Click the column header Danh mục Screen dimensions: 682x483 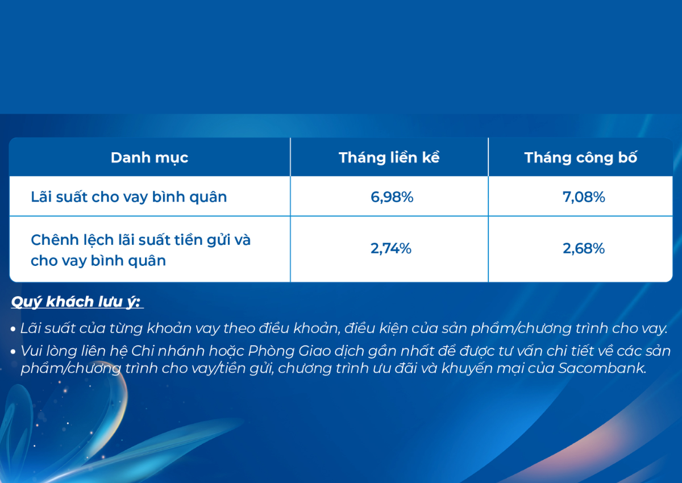(x=149, y=158)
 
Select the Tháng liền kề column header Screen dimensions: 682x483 (x=389, y=157)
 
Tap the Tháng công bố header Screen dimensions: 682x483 (x=581, y=157)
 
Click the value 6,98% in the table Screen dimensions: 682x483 (x=392, y=197)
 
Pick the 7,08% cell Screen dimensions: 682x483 (x=584, y=197)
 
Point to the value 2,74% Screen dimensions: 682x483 (x=391, y=248)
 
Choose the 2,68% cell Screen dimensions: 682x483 (x=584, y=248)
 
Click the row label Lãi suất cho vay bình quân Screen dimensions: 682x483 (x=129, y=197)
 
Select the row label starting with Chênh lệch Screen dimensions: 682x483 (x=141, y=250)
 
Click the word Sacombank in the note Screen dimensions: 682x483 (x=602, y=368)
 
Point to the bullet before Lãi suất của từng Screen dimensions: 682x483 (x=13, y=329)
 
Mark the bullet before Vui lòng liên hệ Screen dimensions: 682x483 (x=13, y=352)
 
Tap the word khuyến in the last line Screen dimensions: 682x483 (x=472, y=369)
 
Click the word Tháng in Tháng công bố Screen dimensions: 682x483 (x=548, y=158)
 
